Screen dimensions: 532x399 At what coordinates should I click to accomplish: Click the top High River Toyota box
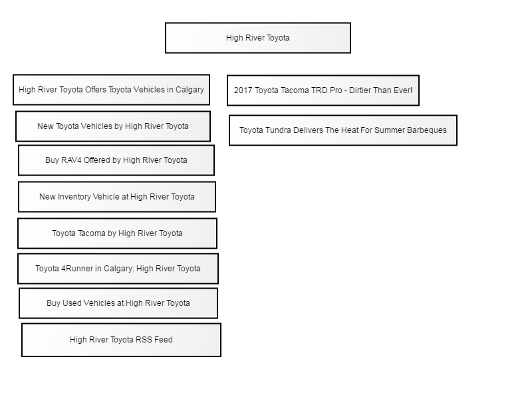[x=258, y=38]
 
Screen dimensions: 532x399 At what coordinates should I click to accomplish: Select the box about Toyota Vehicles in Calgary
[x=111, y=90]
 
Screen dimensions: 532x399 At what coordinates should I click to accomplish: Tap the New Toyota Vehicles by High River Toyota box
[x=113, y=126]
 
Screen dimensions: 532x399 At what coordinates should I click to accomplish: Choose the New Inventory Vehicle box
[x=117, y=197]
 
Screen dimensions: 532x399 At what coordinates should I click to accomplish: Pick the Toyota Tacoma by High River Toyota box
[x=118, y=233]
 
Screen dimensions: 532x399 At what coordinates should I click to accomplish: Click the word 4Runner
[x=77, y=269]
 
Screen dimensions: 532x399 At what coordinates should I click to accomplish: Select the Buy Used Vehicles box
[x=118, y=303]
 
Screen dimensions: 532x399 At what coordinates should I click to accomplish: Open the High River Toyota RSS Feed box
[x=122, y=340]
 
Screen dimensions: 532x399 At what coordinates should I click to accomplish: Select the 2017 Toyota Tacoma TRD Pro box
[x=323, y=90]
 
